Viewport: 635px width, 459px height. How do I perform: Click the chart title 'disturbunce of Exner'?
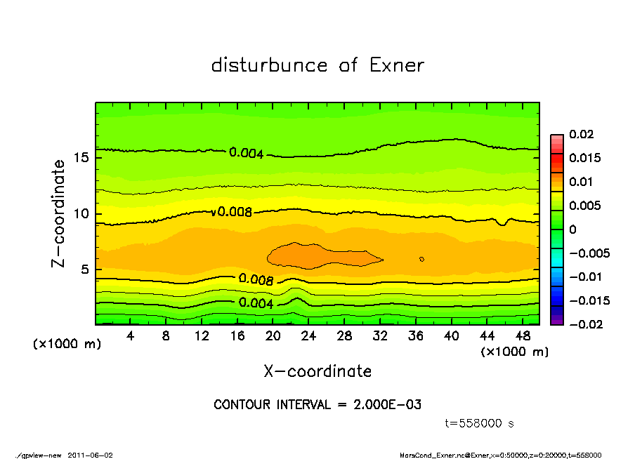tap(317, 65)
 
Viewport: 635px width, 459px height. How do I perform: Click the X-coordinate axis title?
tap(317, 371)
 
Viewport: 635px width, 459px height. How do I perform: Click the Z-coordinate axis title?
tap(59, 213)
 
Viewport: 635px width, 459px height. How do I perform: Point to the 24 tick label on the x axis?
tap(308, 336)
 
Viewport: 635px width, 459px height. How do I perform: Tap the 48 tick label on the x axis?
tap(523, 336)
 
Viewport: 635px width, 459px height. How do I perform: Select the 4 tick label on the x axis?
tap(131, 336)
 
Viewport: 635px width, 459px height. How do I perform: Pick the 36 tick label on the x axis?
tap(416, 336)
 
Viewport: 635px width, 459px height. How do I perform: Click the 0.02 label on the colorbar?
tap(581, 134)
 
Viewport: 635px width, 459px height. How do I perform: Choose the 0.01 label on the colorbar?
tap(581, 182)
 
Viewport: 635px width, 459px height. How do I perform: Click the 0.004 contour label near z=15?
tap(247, 152)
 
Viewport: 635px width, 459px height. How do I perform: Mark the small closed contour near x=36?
tap(421, 259)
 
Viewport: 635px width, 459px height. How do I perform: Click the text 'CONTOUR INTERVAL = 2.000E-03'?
tap(317, 405)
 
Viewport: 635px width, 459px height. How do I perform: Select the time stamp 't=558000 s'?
tap(480, 423)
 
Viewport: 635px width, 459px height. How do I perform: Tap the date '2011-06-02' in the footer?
tap(91, 455)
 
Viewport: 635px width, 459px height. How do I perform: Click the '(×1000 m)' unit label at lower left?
tap(64, 345)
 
